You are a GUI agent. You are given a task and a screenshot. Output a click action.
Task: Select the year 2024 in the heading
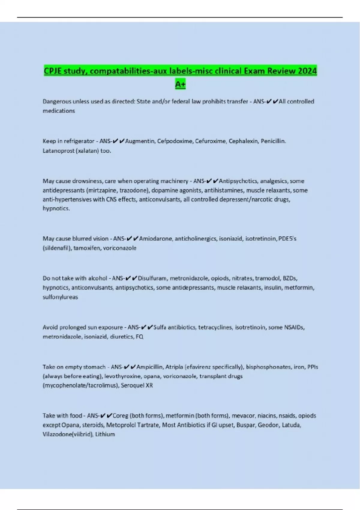[x=307, y=71]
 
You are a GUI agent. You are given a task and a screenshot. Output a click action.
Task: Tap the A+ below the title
[x=180, y=84]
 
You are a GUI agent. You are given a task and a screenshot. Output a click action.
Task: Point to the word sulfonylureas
[x=60, y=297]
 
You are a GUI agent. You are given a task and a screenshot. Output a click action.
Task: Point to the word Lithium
[x=105, y=434]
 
